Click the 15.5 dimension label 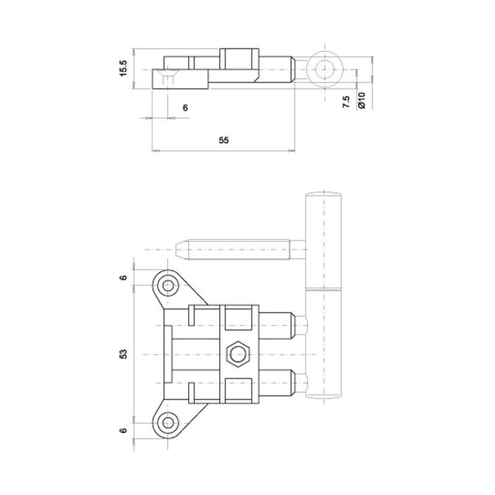point(123,68)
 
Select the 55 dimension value point(223,140)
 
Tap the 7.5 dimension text point(346,102)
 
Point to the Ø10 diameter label point(361,100)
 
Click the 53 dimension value point(123,354)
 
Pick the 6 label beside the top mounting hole point(123,277)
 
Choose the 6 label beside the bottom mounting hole point(123,430)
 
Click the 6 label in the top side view point(185,108)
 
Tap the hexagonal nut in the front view point(238,354)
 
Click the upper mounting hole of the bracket point(168,286)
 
